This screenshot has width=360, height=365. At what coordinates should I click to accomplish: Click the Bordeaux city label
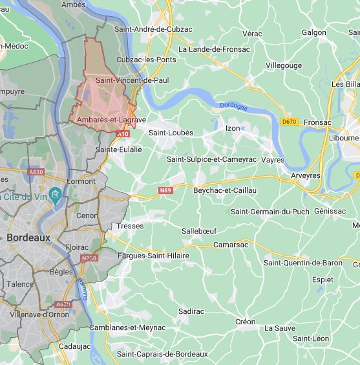pos(28,238)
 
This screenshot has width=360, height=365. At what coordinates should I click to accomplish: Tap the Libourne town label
pos(343,138)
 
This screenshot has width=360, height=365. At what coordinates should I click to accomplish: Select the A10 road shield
pos(123,134)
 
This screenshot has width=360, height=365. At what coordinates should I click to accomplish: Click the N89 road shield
pos(165,190)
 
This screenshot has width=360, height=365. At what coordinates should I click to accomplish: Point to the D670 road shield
pos(290,121)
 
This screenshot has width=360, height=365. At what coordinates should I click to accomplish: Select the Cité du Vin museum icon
pos(55,195)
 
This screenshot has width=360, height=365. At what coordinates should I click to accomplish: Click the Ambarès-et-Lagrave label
pos(111,120)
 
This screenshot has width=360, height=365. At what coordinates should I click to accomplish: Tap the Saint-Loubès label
pos(171,133)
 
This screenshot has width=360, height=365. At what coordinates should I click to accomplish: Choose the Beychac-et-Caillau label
pos(225,190)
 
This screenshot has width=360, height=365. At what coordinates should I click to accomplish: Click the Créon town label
pos(245,322)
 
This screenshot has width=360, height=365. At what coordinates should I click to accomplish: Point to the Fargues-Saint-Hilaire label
pos(154,256)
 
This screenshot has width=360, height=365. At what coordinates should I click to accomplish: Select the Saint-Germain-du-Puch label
pos(270,212)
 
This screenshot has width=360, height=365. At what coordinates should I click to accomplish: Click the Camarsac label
pos(231,245)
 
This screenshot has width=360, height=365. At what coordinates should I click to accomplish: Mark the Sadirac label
pos(191,311)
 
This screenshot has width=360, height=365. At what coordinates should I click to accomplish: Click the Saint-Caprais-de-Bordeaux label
pos(162,354)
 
